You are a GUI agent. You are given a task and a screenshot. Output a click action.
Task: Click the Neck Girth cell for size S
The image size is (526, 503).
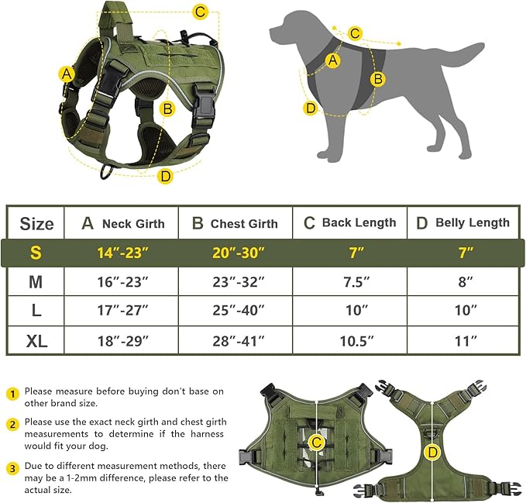click(x=121, y=253)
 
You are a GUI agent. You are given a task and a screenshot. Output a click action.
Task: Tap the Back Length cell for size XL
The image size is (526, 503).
click(x=349, y=340)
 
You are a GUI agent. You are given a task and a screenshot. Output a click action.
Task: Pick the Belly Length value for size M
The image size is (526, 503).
click(x=464, y=282)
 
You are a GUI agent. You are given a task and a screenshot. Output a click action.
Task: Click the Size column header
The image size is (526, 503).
click(x=36, y=224)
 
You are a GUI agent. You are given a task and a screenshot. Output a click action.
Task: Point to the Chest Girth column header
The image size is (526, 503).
click(x=235, y=223)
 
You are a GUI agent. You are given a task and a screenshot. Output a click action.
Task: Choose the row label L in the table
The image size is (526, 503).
click(x=36, y=311)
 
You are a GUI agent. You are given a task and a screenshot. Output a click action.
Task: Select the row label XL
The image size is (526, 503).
click(x=36, y=340)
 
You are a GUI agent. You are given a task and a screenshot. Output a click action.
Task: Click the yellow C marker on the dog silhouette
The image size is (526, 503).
click(x=355, y=33)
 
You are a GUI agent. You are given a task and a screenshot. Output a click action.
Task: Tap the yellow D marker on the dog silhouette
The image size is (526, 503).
click(x=311, y=108)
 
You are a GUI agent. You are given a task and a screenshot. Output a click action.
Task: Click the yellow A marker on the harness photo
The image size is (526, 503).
click(x=67, y=74)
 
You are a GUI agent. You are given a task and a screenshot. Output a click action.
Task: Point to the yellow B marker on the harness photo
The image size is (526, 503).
click(x=167, y=109)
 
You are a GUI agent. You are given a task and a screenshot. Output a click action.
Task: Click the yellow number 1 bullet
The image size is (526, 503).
click(x=12, y=393)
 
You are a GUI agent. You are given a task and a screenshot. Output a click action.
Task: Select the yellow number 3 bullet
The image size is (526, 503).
click(x=12, y=468)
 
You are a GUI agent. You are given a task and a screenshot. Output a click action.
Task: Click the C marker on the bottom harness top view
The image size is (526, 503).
click(x=316, y=443)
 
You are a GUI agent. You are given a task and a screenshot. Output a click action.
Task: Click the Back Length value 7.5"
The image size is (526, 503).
click(x=349, y=282)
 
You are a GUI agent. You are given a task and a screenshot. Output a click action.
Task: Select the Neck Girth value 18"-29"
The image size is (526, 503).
click(x=121, y=340)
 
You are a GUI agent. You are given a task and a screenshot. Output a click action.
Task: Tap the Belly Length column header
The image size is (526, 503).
click(x=464, y=223)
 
